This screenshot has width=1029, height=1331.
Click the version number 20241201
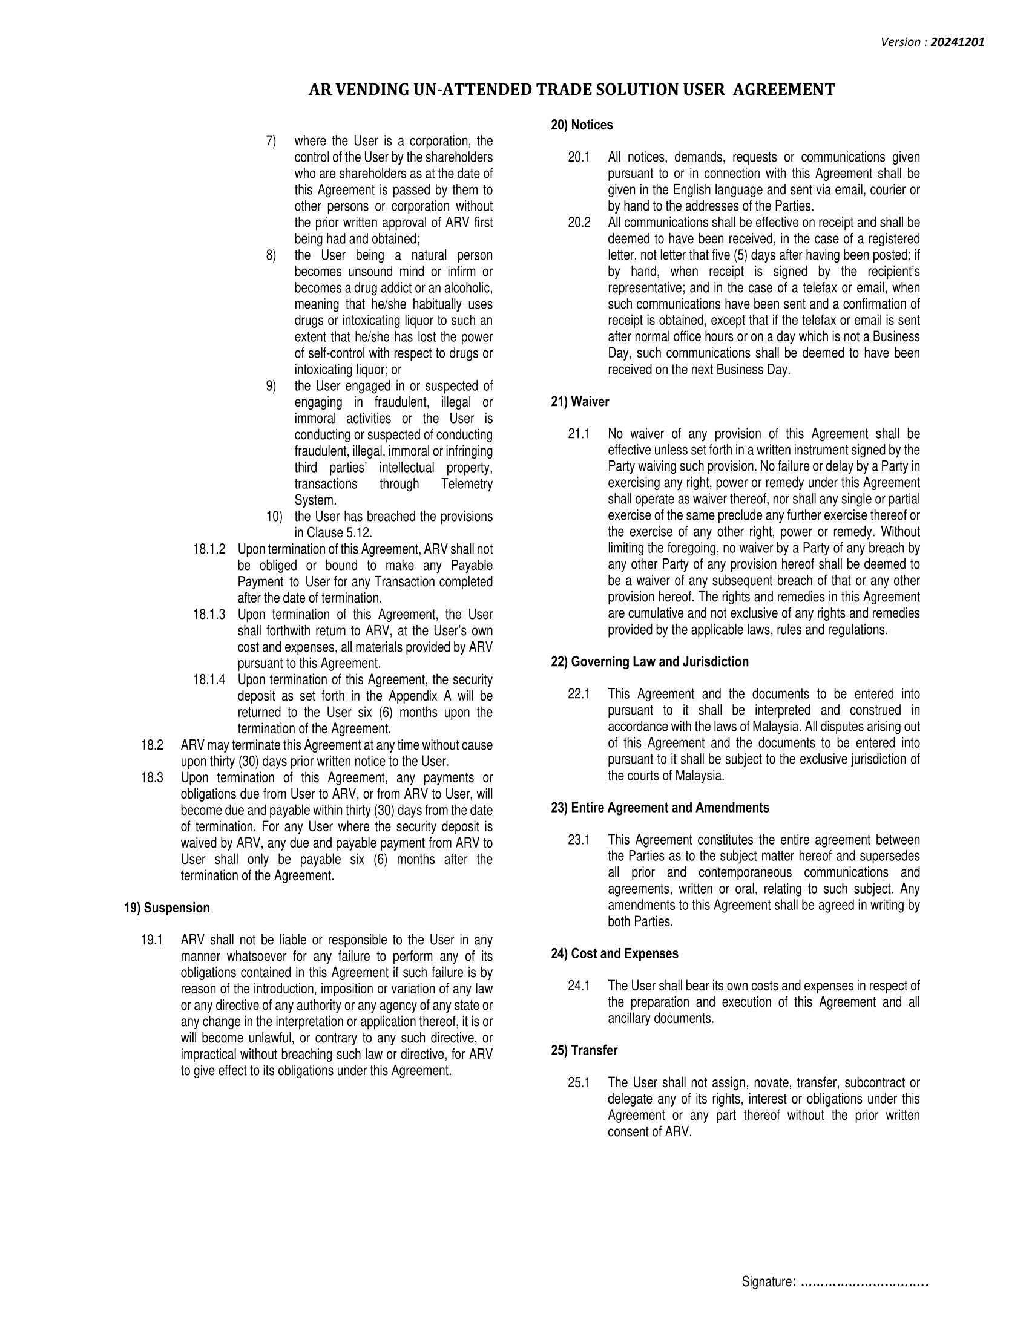(x=957, y=42)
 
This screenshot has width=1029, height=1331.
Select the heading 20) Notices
(x=582, y=125)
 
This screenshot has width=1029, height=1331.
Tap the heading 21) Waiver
(x=580, y=402)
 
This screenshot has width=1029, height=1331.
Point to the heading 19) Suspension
(x=166, y=908)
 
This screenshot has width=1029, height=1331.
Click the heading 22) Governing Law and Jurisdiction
(x=649, y=662)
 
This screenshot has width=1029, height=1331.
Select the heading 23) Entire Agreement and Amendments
(x=660, y=808)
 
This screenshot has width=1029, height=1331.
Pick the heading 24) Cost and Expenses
(x=614, y=953)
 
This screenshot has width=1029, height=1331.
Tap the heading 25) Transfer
(x=584, y=1051)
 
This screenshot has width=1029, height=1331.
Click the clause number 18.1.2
(x=209, y=549)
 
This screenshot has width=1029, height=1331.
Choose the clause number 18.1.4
(x=209, y=679)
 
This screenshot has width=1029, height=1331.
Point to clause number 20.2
(x=579, y=223)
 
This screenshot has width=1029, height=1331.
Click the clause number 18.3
(x=152, y=777)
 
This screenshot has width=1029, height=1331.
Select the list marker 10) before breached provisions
(x=274, y=517)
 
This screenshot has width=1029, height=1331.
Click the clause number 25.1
(x=579, y=1083)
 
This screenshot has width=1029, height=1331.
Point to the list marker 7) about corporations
(x=271, y=142)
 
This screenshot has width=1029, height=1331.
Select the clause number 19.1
(x=151, y=940)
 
